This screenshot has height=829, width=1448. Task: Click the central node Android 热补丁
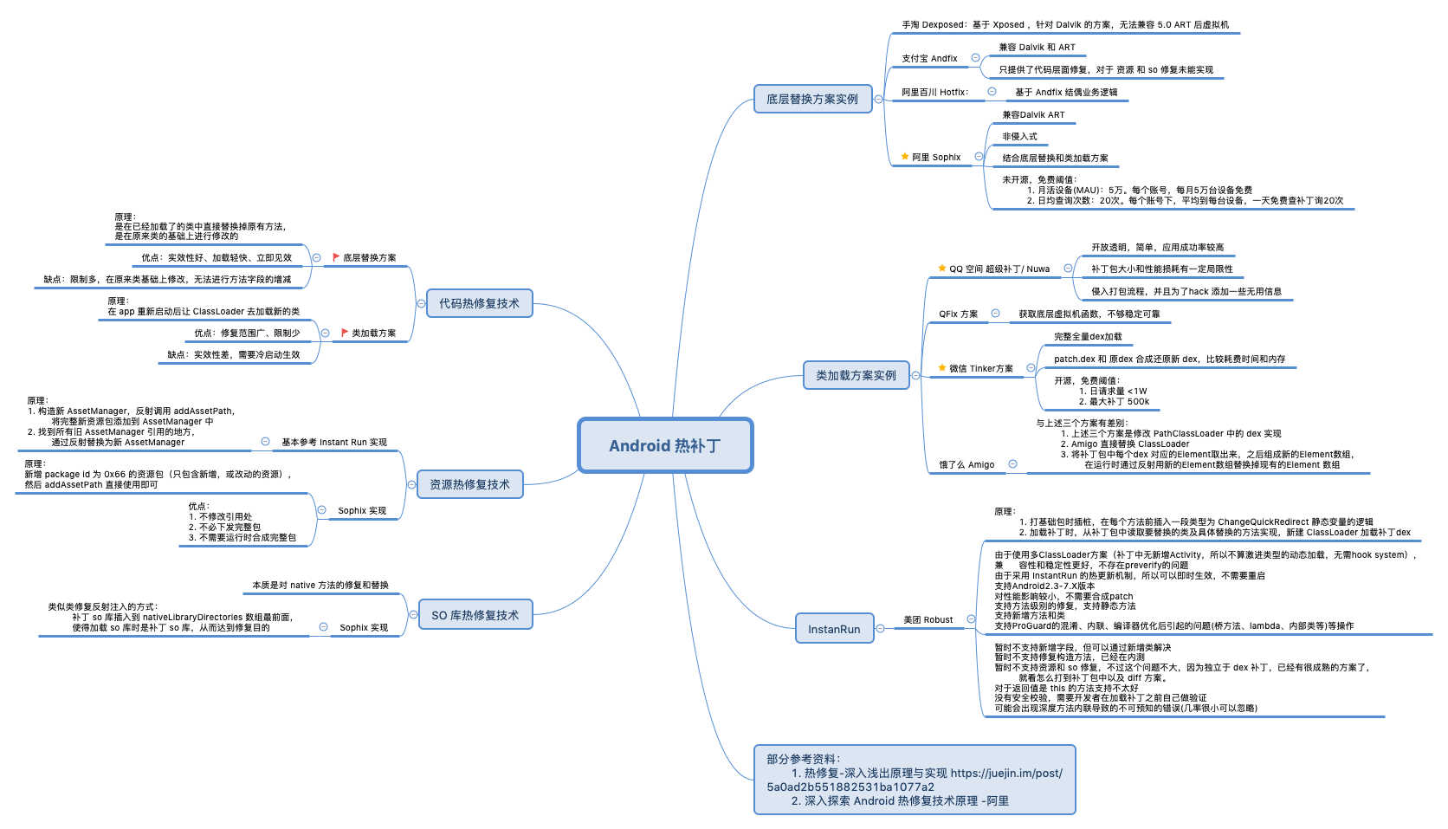coord(665,445)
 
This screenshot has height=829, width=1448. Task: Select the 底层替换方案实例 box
coord(811,99)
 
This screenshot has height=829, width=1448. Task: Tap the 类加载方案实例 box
coord(856,375)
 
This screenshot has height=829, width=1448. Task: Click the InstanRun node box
coord(834,629)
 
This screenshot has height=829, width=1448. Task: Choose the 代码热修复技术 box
coord(479,303)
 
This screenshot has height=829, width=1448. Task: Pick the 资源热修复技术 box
coord(469,484)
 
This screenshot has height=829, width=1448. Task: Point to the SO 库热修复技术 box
coord(475,615)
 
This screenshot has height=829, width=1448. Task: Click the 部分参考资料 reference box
coord(914,780)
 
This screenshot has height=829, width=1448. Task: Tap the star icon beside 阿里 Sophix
coord(905,157)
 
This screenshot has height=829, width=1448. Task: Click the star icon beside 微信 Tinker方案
coord(942,368)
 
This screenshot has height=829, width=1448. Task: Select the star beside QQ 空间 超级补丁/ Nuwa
coord(942,269)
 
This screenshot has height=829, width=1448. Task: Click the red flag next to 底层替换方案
coord(336,257)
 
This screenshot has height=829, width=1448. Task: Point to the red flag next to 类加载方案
coord(345,333)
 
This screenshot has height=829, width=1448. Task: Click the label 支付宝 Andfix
coord(929,59)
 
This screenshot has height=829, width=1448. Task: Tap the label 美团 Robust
coord(928,620)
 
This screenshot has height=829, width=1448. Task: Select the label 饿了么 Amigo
coord(966,465)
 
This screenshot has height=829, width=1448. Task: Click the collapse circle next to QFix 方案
coord(995,314)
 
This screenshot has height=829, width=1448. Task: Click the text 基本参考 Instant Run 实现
coord(334,443)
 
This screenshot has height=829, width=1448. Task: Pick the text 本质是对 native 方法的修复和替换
coord(320,586)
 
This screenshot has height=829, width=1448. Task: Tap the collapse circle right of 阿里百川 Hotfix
coord(992,92)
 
